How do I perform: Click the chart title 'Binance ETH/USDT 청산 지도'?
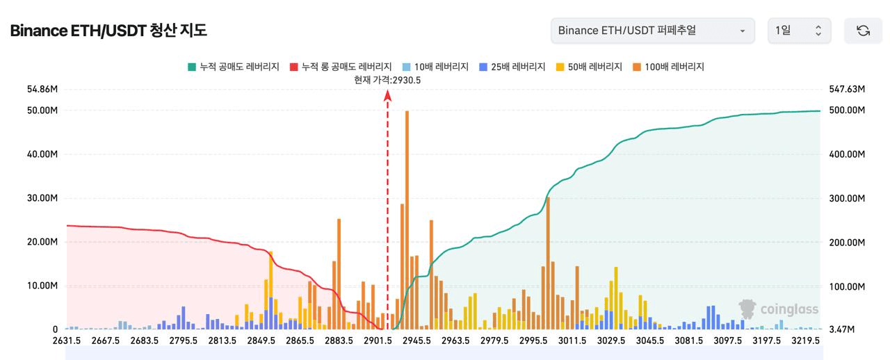click(108, 31)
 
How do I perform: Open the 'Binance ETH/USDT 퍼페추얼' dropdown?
click(652, 31)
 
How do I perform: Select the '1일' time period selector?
click(799, 31)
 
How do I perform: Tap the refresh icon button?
click(863, 31)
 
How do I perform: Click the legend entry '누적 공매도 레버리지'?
click(233, 67)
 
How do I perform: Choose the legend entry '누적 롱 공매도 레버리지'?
click(340, 67)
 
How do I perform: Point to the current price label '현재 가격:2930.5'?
click(387, 80)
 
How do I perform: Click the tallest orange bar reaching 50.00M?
click(407, 219)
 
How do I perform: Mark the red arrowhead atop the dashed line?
click(388, 95)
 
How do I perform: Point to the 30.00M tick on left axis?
click(42, 198)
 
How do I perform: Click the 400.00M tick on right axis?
click(847, 154)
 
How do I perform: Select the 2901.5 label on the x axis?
click(377, 341)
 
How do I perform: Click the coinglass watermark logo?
click(779, 309)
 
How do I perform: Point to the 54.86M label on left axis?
click(42, 89)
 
